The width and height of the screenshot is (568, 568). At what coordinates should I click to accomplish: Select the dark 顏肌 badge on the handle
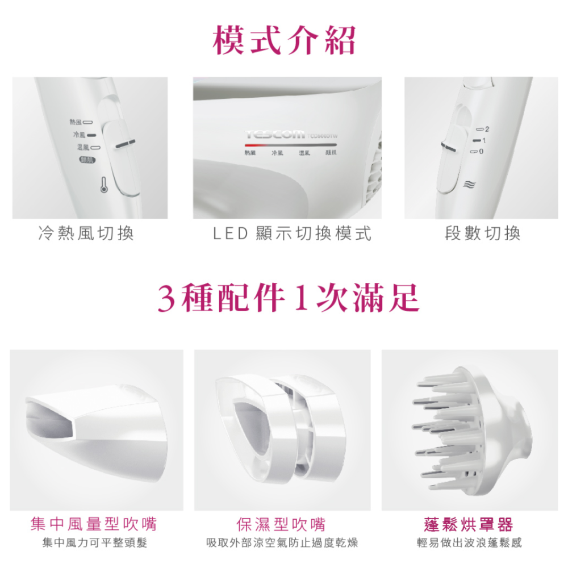[x=87, y=161]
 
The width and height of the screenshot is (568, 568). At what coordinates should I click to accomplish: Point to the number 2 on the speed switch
[x=487, y=130]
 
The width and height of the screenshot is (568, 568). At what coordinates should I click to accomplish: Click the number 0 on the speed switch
[x=481, y=152]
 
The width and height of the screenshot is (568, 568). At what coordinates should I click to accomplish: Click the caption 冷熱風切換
[x=86, y=233]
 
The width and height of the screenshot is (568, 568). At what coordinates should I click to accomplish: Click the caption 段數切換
[x=483, y=233]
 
